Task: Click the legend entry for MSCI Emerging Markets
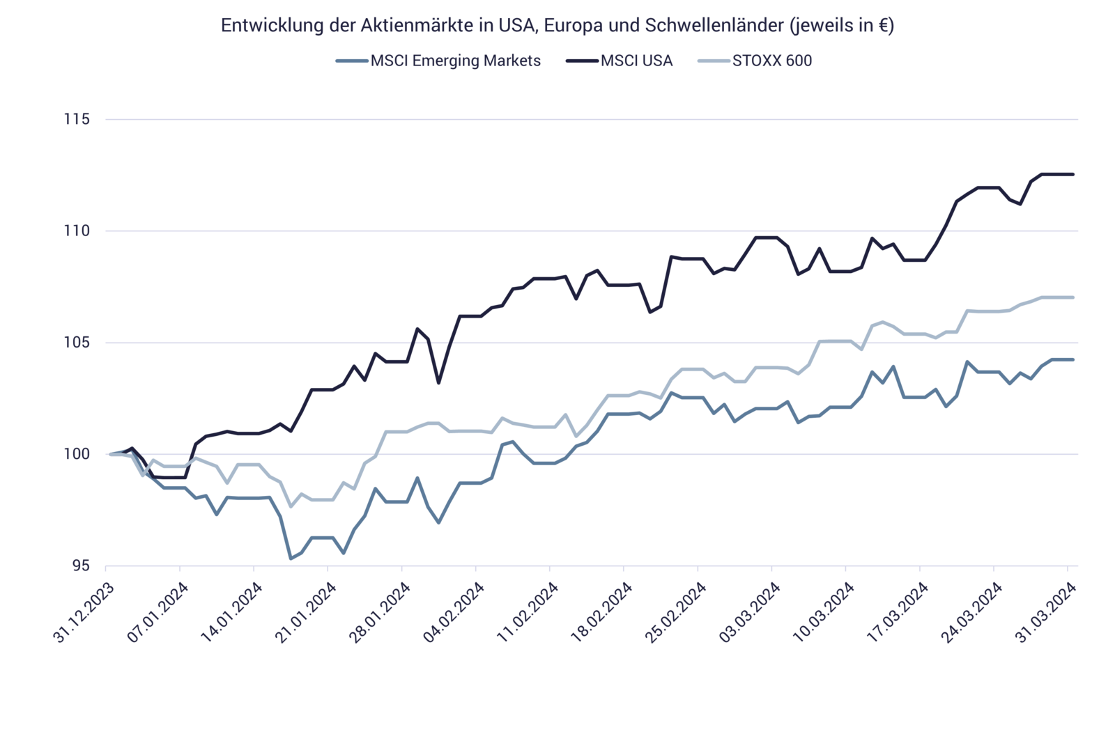(x=454, y=61)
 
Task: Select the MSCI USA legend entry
(x=636, y=61)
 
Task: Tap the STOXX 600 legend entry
(x=771, y=61)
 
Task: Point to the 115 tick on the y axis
(x=77, y=120)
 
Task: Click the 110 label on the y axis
(x=77, y=231)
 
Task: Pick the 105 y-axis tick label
(x=77, y=343)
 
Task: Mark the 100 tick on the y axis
(x=77, y=454)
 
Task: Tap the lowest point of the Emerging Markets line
(x=291, y=559)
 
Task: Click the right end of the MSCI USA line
(x=1074, y=174)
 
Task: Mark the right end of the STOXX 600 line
(x=1074, y=297)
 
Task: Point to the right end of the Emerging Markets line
(x=1074, y=359)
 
